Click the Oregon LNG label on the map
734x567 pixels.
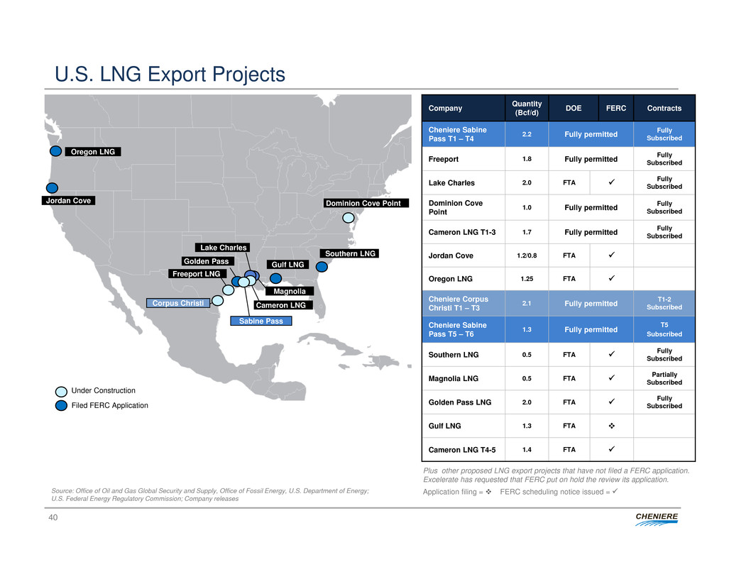93,151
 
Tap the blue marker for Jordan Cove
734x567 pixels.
52,188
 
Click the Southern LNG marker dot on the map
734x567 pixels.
322,267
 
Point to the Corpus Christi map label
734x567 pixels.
177,303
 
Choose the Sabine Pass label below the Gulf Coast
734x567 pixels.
261,321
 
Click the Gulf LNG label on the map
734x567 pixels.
287,265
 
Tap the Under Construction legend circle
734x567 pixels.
62,391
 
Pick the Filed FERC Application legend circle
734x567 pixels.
62,405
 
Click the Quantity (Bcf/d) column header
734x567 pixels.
527,108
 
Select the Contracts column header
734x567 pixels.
664,109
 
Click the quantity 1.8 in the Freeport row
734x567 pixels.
527,160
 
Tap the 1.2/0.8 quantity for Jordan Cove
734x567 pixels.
527,255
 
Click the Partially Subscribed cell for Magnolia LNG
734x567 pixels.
664,378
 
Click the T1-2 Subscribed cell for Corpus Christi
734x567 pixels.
664,303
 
